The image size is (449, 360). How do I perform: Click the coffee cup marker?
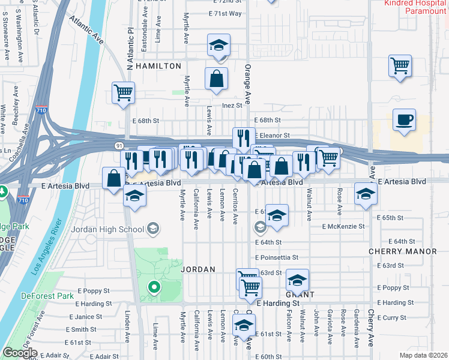(404, 119)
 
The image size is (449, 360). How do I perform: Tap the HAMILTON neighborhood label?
(158, 66)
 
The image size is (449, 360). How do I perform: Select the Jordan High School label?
(107, 229)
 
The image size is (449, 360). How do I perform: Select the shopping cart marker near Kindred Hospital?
(399, 65)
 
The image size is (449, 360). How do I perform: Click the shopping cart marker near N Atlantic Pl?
(123, 93)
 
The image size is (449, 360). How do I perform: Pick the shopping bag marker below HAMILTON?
(216, 79)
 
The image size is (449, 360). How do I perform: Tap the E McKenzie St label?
(343, 227)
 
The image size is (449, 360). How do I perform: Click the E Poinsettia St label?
(277, 257)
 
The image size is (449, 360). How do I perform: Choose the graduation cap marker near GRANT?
(297, 280)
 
